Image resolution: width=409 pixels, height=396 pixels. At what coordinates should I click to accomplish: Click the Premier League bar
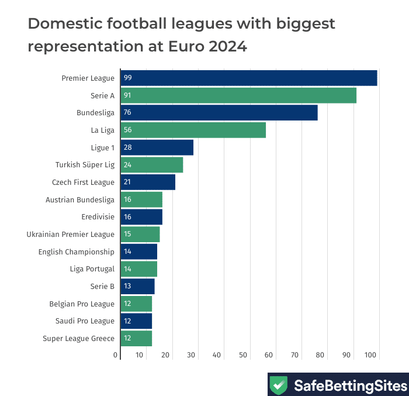click(248, 78)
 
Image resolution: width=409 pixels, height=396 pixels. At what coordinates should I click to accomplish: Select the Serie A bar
click(238, 95)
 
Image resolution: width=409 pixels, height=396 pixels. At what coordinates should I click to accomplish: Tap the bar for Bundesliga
click(219, 112)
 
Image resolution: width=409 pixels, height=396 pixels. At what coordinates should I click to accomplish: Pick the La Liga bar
click(193, 130)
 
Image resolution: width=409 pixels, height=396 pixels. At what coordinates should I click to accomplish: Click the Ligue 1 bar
click(157, 147)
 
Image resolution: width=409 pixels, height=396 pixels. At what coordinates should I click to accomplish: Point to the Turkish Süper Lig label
click(85, 165)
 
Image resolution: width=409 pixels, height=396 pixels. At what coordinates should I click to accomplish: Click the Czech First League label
click(83, 182)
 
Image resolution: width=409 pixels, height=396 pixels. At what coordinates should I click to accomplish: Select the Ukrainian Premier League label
click(70, 234)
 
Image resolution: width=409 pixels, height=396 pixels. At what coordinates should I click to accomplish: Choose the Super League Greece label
click(78, 338)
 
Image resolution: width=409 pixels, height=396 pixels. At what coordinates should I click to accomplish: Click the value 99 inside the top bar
click(127, 78)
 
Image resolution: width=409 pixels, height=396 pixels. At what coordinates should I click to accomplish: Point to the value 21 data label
click(127, 182)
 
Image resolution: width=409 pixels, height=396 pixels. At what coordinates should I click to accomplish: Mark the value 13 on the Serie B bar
click(127, 286)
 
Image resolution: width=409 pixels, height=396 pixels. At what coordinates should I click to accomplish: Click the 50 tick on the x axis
click(243, 355)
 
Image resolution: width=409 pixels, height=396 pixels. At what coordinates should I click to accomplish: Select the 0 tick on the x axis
click(116, 355)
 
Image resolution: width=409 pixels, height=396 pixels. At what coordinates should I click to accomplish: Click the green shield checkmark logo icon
click(279, 385)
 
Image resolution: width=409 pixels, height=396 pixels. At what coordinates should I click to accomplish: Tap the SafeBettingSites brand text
click(349, 385)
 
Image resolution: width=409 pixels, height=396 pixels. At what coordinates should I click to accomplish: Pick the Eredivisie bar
click(141, 216)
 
